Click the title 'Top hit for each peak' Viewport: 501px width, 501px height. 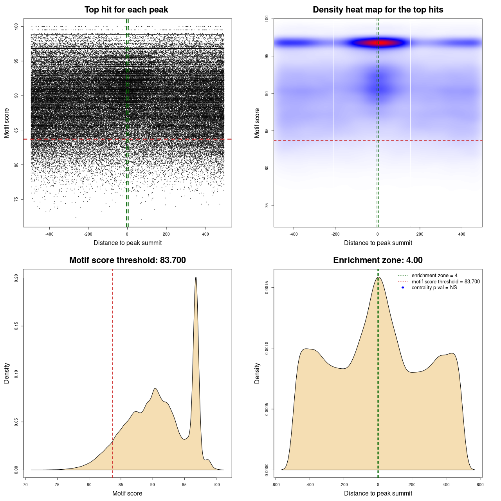coord(126,10)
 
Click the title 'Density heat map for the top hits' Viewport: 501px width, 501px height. coord(378,10)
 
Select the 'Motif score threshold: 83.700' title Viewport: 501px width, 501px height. coord(127,260)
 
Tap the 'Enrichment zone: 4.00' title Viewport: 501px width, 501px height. coord(378,260)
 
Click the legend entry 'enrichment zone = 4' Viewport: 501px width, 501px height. coord(434,276)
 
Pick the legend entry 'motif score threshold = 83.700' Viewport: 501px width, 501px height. coord(445,281)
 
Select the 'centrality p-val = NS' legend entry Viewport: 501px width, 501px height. coord(434,288)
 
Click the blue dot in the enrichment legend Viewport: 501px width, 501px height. coord(403,288)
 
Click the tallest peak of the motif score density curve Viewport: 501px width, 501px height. coord(196,278)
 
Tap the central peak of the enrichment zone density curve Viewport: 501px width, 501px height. coord(378,278)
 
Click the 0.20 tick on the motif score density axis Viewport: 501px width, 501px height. coord(16,278)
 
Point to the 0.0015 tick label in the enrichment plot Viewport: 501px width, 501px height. coord(267,288)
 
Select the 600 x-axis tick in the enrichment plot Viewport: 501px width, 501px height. coord(480,485)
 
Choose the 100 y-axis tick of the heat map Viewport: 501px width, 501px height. coord(267,19)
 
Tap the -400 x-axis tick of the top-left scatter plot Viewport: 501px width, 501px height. coord(49,234)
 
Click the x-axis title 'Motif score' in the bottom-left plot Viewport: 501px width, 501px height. coord(127,493)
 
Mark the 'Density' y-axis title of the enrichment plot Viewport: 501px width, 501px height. coord(257,373)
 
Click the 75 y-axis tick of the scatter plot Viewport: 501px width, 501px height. coord(16,199)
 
